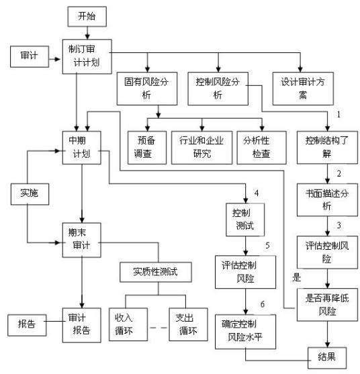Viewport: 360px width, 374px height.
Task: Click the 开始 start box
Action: (x=88, y=15)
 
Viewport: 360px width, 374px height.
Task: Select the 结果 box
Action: (x=327, y=356)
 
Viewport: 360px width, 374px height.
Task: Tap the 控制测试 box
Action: (x=244, y=219)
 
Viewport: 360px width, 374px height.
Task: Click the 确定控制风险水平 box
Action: (x=244, y=331)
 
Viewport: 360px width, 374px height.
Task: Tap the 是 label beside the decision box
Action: (x=296, y=276)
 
